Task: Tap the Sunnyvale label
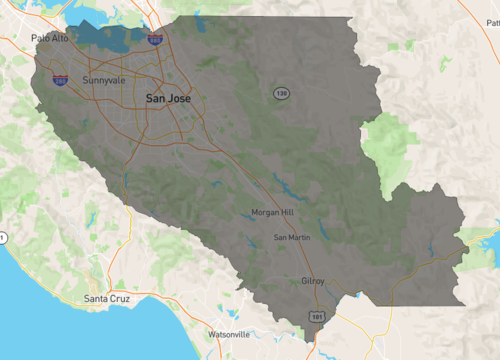click(104, 79)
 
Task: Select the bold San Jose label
click(168, 98)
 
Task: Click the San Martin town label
click(292, 237)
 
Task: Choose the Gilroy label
click(312, 281)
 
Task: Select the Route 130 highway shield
click(282, 92)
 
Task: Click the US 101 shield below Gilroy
click(317, 316)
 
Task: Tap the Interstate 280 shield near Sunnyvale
click(60, 79)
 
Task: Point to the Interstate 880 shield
click(155, 39)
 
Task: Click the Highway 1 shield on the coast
click(2, 237)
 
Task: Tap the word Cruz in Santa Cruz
click(121, 298)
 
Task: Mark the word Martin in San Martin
click(299, 237)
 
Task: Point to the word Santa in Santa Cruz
click(97, 298)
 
